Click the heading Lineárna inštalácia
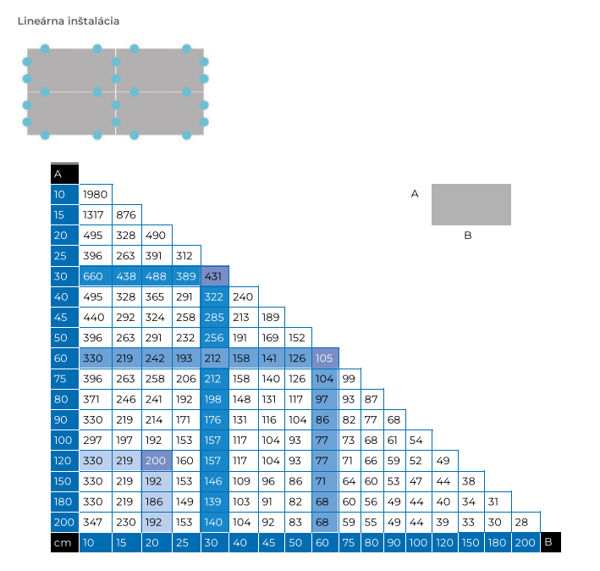tap(69, 20)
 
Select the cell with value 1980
tap(96, 195)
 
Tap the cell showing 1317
tap(96, 214)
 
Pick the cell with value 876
tap(126, 214)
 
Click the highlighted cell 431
tap(213, 276)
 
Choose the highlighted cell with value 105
tap(324, 358)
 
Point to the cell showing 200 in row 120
tap(155, 461)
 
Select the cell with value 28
tap(522, 522)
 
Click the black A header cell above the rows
tap(64, 174)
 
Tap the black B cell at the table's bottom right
tap(548, 542)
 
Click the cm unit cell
tap(63, 542)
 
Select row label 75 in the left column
tap(63, 379)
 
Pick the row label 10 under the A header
tap(63, 195)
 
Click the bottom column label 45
tap(270, 542)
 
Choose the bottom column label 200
tap(525, 542)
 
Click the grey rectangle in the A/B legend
tap(471, 204)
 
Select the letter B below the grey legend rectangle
tap(467, 235)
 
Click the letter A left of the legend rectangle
tap(415, 194)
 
